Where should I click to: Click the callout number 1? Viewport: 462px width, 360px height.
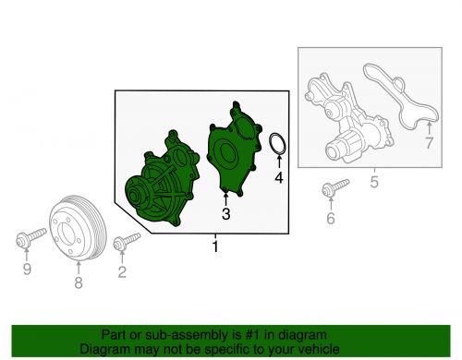tap(215, 246)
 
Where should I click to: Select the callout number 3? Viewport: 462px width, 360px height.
tap(225, 214)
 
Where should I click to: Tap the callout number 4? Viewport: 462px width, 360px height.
tap(279, 177)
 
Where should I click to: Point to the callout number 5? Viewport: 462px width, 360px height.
tap(374, 182)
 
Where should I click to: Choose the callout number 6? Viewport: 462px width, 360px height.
tap(331, 218)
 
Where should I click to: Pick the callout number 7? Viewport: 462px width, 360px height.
tap(429, 143)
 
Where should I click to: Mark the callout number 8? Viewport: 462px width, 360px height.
tap(79, 282)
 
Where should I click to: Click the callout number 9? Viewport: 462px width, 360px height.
tap(27, 269)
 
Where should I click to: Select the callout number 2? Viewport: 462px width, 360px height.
tap(122, 272)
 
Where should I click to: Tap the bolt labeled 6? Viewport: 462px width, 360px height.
tap(335, 187)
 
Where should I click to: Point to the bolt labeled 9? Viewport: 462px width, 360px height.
tap(30, 237)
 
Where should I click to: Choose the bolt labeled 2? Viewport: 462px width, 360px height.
tap(127, 242)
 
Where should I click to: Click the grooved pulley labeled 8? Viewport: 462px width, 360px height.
tap(78, 228)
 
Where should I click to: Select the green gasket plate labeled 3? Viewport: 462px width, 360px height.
tap(235, 150)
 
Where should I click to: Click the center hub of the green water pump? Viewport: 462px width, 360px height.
tap(135, 195)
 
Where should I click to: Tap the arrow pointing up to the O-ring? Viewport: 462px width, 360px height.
tap(279, 162)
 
